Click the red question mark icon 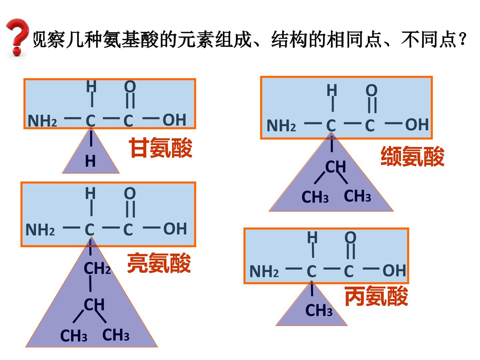[17, 37]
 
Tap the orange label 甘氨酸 [161, 148]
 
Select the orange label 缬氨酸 [412, 156]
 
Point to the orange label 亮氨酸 [159, 263]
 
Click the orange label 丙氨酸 [376, 296]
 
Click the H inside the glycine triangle [90, 161]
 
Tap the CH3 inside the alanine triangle [319, 310]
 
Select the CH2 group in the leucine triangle [97, 268]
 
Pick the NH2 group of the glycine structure [42, 121]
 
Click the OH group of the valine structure [417, 124]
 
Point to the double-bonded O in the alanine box [350, 237]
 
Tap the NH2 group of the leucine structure [40, 230]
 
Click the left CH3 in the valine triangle [315, 197]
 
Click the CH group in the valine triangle [335, 167]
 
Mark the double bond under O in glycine [130, 101]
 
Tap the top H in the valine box [332, 90]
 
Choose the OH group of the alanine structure [394, 271]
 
